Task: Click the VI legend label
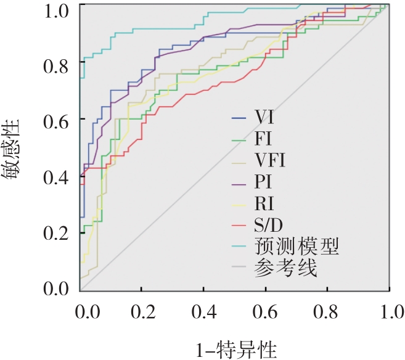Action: [x=265, y=117]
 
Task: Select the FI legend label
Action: [x=264, y=139]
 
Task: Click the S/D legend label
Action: [x=269, y=225]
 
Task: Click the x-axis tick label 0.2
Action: [x=141, y=309]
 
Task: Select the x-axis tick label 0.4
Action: [x=203, y=309]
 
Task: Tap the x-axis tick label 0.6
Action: [x=265, y=309]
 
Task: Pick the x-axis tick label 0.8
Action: [x=327, y=309]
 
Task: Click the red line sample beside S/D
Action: [x=239, y=225]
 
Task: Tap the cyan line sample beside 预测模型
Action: [x=239, y=247]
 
